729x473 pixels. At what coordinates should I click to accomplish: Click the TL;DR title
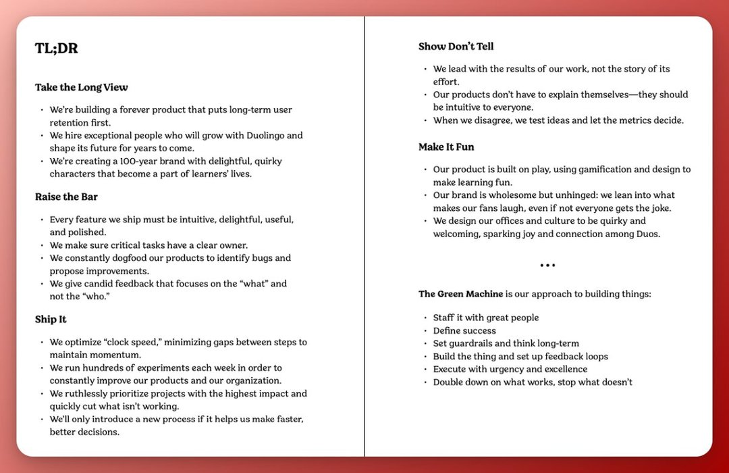click(x=56, y=48)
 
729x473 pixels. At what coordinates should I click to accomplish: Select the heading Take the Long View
click(x=81, y=87)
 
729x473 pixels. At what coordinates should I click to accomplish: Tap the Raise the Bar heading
click(x=65, y=197)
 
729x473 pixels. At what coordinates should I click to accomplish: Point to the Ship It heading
click(x=51, y=320)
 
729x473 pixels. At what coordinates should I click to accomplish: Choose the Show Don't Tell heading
click(x=456, y=47)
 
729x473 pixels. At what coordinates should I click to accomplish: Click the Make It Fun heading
click(x=446, y=147)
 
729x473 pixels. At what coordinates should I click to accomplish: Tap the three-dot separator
click(x=547, y=266)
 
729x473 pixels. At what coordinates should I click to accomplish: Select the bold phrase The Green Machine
click(x=460, y=294)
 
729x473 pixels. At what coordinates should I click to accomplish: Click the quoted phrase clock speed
click(x=132, y=342)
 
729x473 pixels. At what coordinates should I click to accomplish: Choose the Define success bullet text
click(x=464, y=330)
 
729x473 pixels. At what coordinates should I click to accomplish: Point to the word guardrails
click(x=475, y=343)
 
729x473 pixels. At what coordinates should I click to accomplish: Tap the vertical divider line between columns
click(x=364, y=236)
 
